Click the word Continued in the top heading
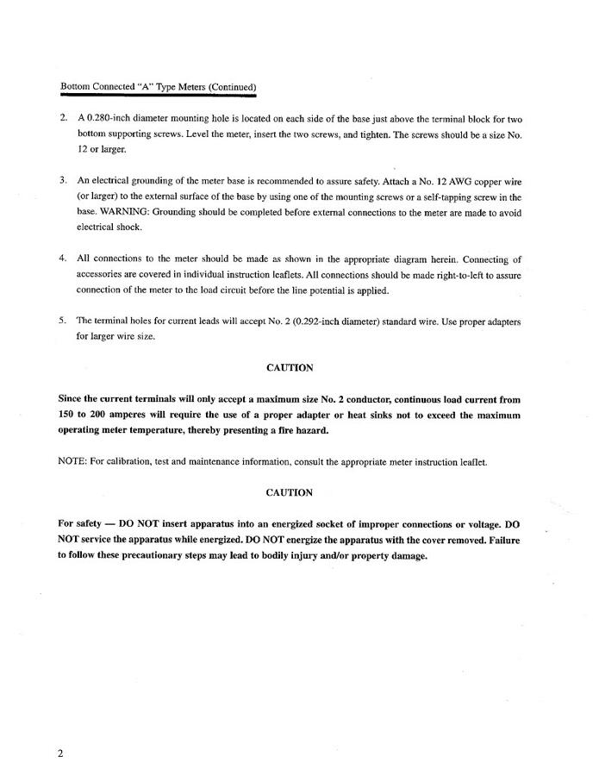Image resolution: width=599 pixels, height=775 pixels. [x=230, y=87]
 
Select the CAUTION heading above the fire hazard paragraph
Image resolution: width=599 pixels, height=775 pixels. [x=290, y=368]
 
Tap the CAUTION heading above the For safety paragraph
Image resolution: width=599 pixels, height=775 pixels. [x=290, y=493]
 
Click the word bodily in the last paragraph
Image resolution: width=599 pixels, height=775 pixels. [x=285, y=556]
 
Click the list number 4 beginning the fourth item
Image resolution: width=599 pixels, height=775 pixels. [x=62, y=259]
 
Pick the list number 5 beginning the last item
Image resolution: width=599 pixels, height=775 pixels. [x=62, y=322]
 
